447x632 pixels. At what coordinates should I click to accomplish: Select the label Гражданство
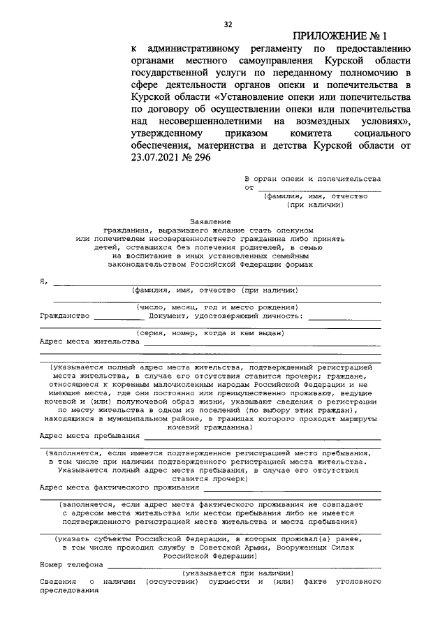64,316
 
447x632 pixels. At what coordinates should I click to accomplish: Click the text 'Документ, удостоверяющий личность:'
226,316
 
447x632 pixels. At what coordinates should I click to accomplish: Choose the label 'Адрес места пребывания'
90,435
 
